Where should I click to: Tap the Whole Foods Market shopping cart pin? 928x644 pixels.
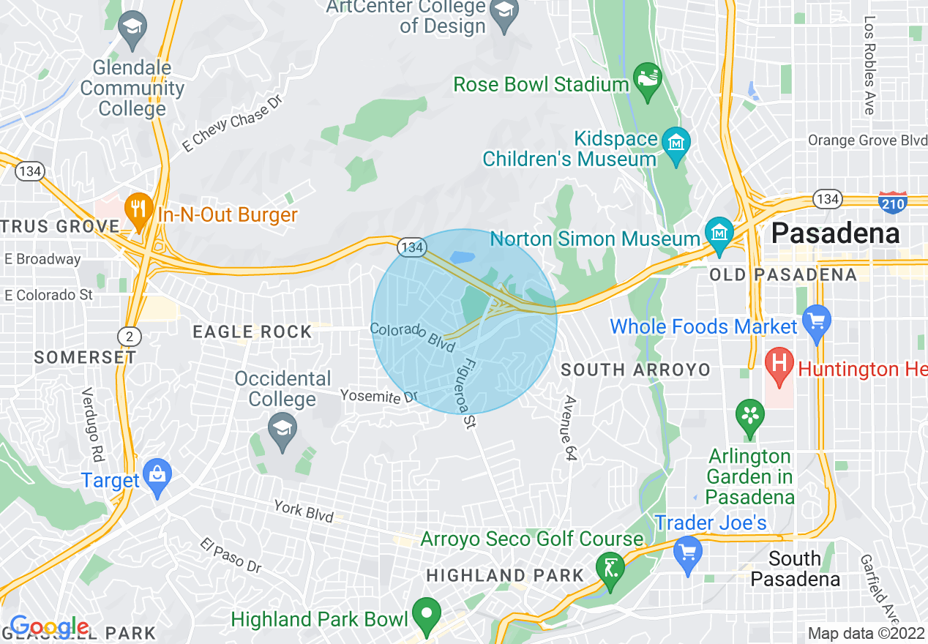tap(816, 321)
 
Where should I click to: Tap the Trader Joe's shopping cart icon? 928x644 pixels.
tap(687, 552)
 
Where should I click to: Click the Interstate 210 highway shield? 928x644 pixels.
tap(893, 203)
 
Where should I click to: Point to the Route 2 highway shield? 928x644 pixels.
tap(129, 336)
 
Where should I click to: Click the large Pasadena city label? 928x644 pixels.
tap(835, 234)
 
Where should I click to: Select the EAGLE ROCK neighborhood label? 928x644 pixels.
tap(252, 332)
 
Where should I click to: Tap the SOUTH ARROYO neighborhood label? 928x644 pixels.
tap(635, 370)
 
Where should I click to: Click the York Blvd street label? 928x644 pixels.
tap(304, 510)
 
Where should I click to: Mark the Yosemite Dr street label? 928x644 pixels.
tap(378, 397)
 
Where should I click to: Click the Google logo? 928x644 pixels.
tap(49, 626)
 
